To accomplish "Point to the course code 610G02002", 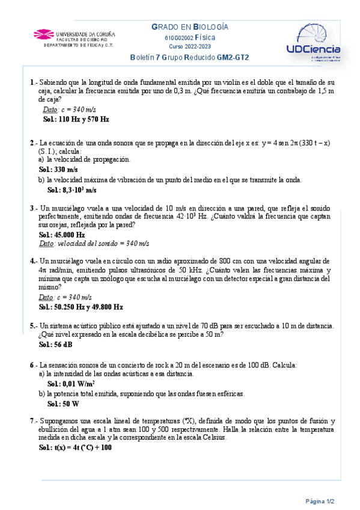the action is [178, 37].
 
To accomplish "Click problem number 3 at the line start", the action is [31, 207].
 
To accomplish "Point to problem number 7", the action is [31, 421].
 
